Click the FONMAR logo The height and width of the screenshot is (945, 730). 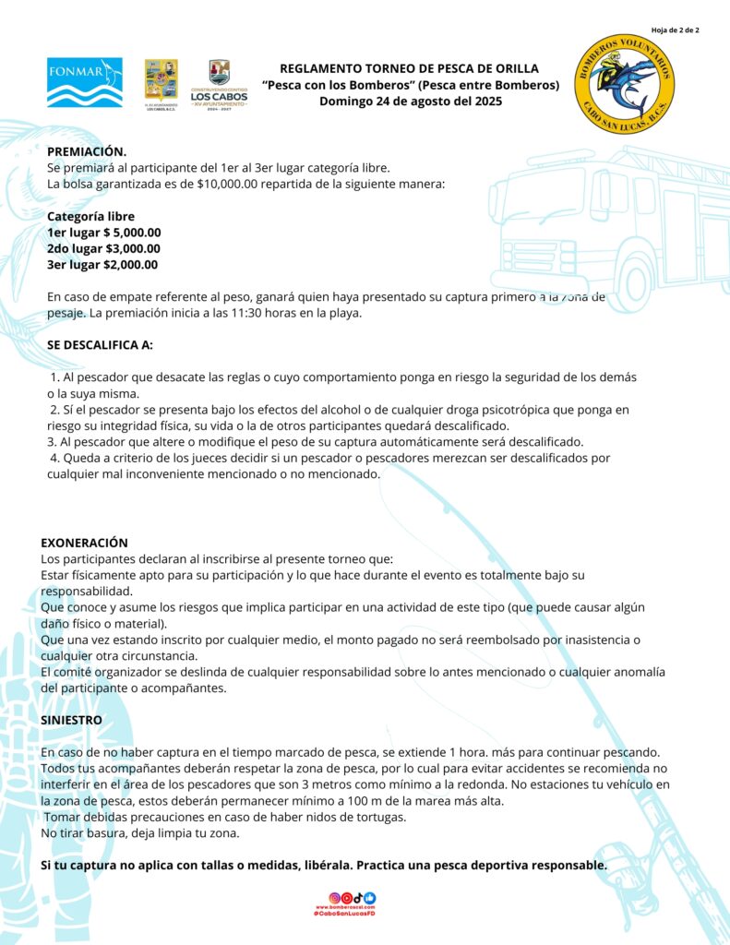[x=84, y=82]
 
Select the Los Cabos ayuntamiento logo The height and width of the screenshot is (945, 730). [x=219, y=84]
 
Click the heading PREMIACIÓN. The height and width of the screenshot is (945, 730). [x=87, y=151]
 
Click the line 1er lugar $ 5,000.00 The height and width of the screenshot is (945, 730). [x=104, y=233]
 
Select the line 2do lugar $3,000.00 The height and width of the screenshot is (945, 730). [x=103, y=248]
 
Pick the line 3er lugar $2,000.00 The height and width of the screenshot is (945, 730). [x=102, y=265]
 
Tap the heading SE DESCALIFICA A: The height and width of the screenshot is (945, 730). [x=100, y=345]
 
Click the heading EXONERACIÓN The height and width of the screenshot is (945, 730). [x=84, y=543]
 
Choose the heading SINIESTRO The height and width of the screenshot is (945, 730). [x=71, y=719]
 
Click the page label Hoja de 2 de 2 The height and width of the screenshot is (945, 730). [x=675, y=30]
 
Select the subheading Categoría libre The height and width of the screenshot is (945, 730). [x=90, y=216]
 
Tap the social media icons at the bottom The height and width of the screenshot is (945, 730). [x=353, y=897]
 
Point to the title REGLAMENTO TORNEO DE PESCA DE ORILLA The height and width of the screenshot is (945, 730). [x=409, y=68]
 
